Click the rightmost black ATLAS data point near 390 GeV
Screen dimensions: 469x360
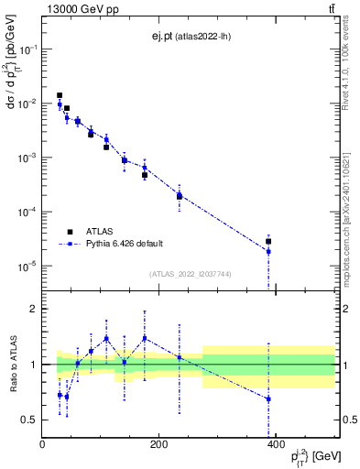coord(268,242)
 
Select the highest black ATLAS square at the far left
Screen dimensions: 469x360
coord(60,95)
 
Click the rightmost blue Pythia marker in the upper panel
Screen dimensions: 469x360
coord(268,251)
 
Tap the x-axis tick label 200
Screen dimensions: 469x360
coord(159,445)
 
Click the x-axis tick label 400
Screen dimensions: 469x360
coord(276,445)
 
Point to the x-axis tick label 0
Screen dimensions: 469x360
coord(43,445)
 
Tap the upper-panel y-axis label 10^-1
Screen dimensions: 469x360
coord(27,49)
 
